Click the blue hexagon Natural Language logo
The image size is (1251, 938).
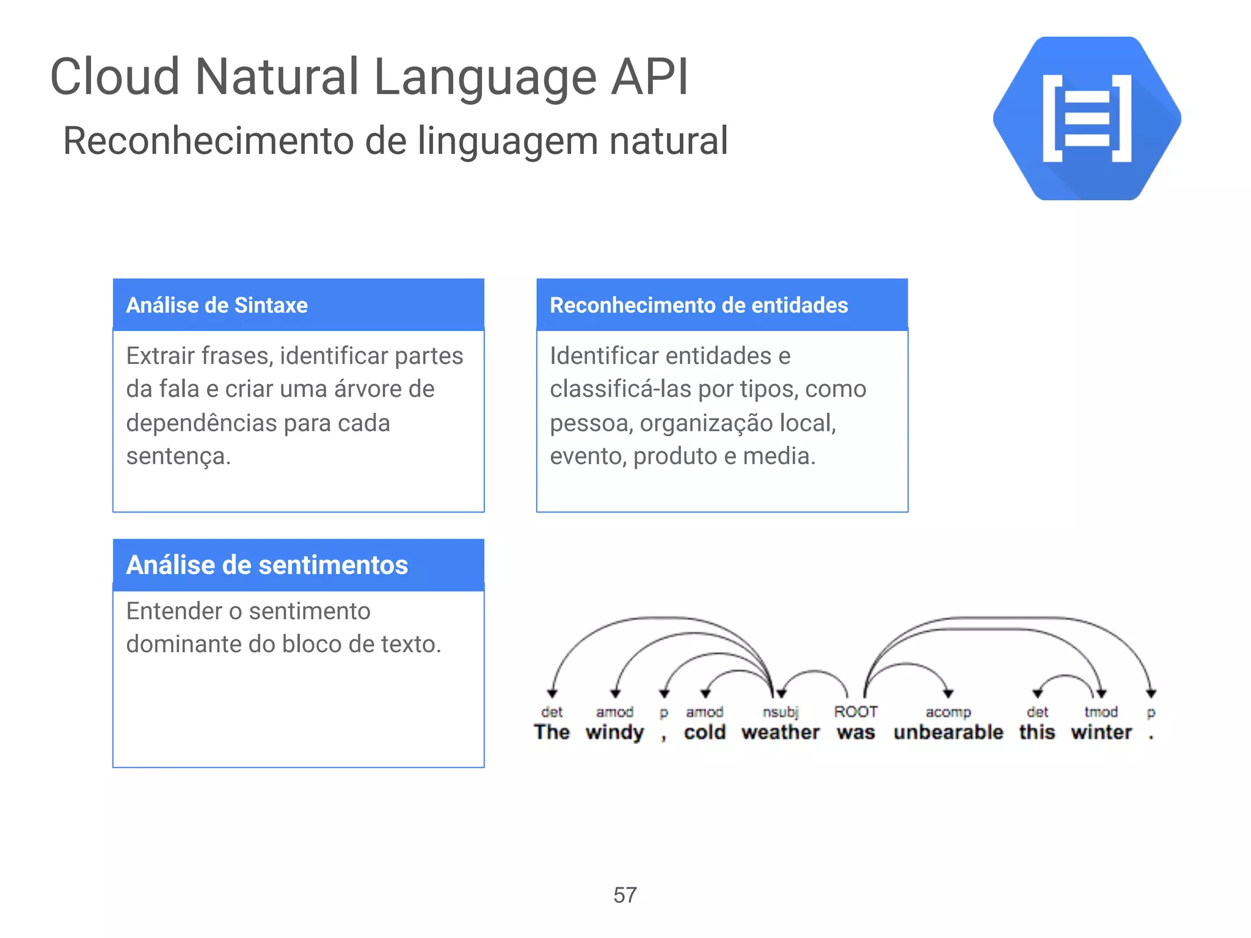[1087, 118]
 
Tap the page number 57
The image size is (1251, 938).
[625, 895]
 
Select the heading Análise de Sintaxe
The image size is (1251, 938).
[217, 305]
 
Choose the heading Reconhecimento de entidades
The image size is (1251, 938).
[699, 305]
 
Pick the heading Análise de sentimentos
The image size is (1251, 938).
[267, 565]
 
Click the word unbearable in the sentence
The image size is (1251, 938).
[948, 732]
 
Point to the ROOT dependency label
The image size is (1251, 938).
[856, 711]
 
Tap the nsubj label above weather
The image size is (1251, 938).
[781, 712]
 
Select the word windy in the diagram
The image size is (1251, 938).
[615, 732]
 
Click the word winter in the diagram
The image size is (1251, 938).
[1101, 732]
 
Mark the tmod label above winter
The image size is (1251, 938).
[1101, 711]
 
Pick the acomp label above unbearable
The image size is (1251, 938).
[948, 712]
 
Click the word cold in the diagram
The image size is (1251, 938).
[705, 732]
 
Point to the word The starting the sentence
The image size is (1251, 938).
[552, 732]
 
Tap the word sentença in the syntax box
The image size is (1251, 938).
[178, 456]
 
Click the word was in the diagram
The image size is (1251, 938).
[856, 732]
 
